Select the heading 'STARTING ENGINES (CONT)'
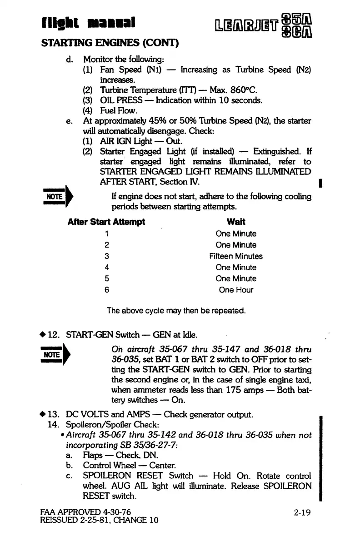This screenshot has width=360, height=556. point(109,44)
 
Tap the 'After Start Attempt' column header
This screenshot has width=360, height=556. point(106,222)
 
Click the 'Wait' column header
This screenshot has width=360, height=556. point(236,222)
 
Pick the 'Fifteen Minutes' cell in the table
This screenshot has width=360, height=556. point(236,256)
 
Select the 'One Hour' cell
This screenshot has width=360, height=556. point(236,290)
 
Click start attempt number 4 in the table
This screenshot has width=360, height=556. point(106,268)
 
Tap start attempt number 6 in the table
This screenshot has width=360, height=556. point(106,290)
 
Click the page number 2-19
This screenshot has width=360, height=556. point(301,513)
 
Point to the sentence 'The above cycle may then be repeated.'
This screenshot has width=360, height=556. point(176,311)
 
